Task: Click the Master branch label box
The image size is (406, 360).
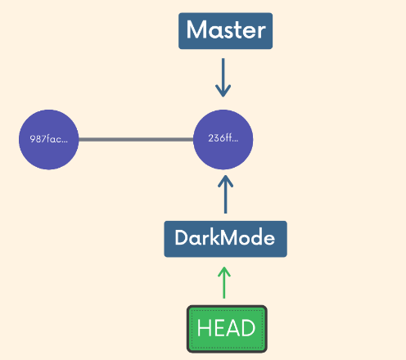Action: [x=225, y=31]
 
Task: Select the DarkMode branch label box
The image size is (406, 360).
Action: [x=225, y=239]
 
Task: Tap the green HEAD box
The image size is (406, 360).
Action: [x=227, y=329]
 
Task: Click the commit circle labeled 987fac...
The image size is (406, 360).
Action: [x=49, y=140]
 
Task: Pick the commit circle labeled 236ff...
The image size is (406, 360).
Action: [x=223, y=140]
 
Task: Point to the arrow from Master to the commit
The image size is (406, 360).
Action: [x=223, y=78]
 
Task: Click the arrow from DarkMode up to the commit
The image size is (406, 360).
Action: [x=225, y=194]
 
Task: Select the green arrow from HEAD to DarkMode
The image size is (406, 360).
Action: [x=224, y=282]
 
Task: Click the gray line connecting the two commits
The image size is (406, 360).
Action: [x=136, y=140]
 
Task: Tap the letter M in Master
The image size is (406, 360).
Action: [x=196, y=29]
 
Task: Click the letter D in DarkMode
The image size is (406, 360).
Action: [x=182, y=237]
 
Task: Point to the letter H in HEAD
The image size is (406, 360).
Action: [x=204, y=328]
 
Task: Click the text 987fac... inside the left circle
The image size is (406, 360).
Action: [x=49, y=139]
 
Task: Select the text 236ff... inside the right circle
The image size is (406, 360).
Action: [x=223, y=138]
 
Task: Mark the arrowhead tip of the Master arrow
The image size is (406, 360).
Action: [x=223, y=97]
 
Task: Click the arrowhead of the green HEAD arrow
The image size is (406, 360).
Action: [x=224, y=268]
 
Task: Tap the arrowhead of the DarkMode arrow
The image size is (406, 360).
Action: [x=225, y=176]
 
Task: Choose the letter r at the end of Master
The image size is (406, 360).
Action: [x=261, y=33]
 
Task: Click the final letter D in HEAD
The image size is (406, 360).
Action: [x=248, y=328]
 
